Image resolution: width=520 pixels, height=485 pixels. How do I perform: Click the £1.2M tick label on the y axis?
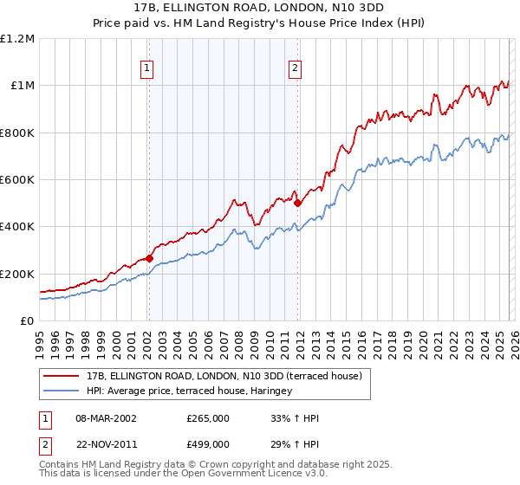point(17,38)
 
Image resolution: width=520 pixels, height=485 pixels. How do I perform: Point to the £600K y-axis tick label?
point(17,180)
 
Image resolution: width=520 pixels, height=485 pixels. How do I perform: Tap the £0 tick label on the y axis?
point(26,321)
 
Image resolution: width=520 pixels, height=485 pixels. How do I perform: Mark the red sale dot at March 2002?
point(149,258)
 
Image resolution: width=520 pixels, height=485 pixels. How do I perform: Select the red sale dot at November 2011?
point(297,203)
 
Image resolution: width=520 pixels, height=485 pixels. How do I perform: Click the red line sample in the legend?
point(61,376)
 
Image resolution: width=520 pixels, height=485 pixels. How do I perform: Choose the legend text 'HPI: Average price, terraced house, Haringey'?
point(189,391)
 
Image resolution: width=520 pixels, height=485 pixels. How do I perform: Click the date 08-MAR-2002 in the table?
point(106,418)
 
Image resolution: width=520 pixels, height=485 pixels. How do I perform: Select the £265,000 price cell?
point(208,418)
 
